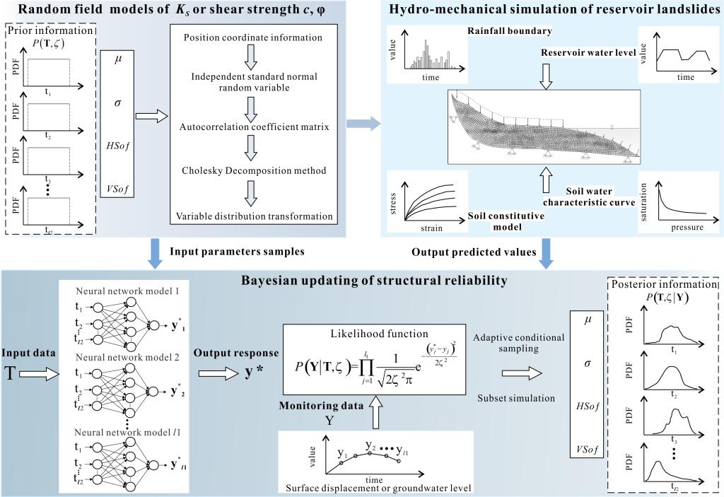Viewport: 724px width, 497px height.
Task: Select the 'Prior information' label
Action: [47, 33]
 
